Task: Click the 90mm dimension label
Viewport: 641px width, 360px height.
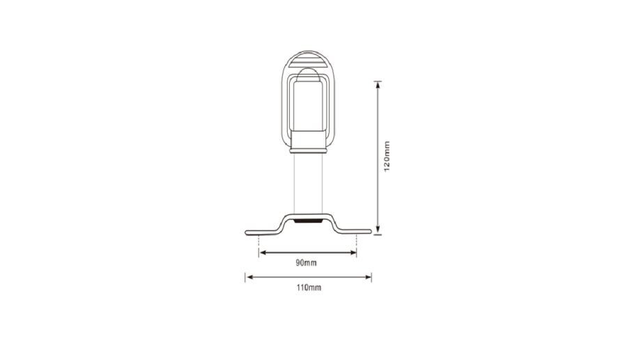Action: (x=306, y=263)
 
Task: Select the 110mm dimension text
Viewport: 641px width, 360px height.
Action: (x=309, y=288)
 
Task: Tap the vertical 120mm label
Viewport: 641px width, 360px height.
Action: (x=387, y=157)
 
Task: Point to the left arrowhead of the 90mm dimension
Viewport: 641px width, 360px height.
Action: (x=263, y=253)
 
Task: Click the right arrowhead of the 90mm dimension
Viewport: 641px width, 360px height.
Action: (x=353, y=253)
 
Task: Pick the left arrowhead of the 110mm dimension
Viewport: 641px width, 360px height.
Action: (x=249, y=277)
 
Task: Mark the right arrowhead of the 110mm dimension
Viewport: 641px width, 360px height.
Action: (x=367, y=277)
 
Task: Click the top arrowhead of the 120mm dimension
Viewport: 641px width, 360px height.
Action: (x=378, y=85)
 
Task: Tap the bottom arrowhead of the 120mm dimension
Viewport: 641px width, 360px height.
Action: (x=378, y=231)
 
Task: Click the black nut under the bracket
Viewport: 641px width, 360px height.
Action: (x=308, y=221)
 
